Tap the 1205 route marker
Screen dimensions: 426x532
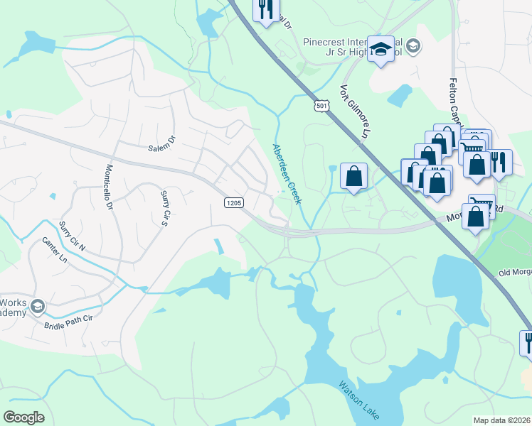point(233,203)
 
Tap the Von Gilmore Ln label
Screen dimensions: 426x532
point(356,113)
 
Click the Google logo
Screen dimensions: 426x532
point(24,417)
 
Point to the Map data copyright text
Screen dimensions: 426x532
point(501,420)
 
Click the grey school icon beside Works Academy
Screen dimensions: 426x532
point(38,307)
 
